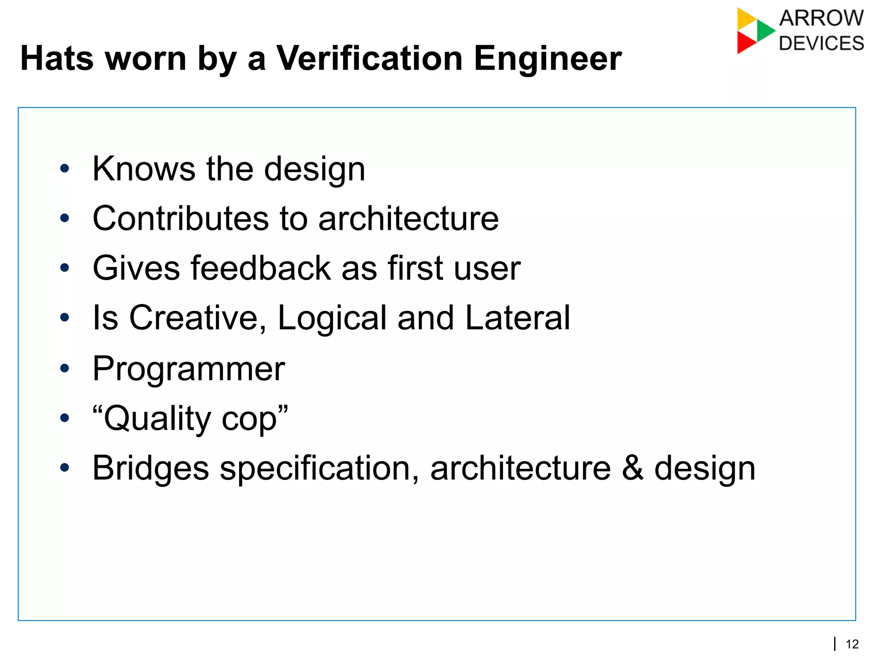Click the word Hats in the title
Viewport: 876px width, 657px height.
click(57, 58)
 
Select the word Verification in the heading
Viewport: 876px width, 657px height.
click(369, 58)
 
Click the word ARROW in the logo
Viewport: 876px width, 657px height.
click(821, 18)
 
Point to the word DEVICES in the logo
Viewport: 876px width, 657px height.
click(821, 44)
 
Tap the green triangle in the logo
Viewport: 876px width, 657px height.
click(765, 30)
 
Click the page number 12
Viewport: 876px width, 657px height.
click(852, 644)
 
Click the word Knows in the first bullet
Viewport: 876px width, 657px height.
click(144, 169)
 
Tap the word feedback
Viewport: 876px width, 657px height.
click(260, 268)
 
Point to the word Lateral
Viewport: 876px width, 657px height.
click(518, 318)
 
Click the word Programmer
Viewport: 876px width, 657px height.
click(189, 369)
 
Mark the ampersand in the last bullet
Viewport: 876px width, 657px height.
click(633, 468)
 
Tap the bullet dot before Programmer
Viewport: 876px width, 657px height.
click(65, 368)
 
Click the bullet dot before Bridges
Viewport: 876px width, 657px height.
click(65, 468)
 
